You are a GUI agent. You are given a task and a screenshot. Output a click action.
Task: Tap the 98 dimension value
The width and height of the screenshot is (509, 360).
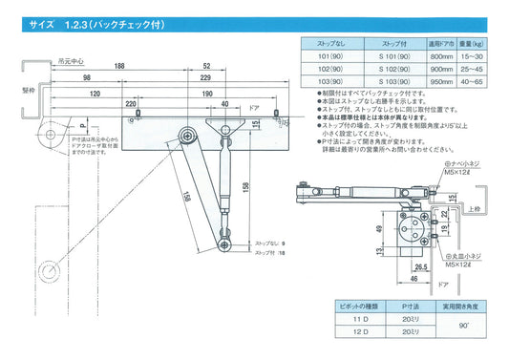(x=87, y=76)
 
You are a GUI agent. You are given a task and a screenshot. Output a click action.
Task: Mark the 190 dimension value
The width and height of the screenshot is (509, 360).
(x=208, y=95)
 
